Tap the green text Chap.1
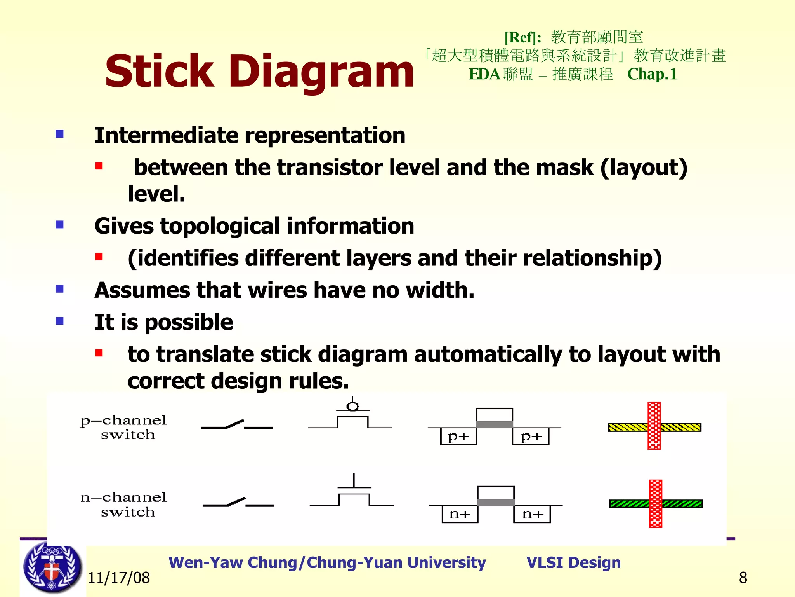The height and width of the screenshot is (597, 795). click(x=652, y=74)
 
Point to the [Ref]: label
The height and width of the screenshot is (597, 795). click(x=522, y=38)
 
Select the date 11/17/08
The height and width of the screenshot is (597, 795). click(x=119, y=578)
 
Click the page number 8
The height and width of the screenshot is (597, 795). click(x=743, y=578)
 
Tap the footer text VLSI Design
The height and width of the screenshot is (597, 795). click(x=573, y=562)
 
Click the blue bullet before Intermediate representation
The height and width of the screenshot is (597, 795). click(x=59, y=134)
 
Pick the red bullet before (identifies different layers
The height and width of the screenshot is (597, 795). click(x=99, y=257)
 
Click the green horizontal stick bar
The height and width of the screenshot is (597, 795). click(x=629, y=504)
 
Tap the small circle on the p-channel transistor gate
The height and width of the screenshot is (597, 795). click(x=352, y=407)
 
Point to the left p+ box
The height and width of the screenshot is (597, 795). click(x=458, y=436)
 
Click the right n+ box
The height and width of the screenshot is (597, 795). click(x=532, y=514)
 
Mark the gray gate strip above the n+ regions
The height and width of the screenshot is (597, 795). click(x=496, y=503)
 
